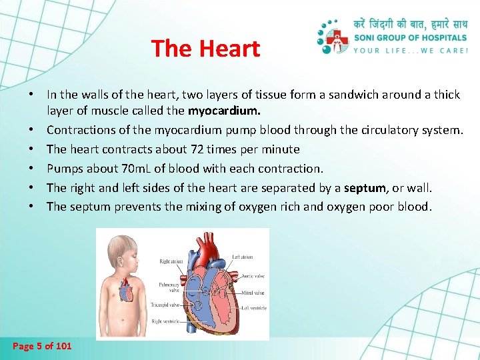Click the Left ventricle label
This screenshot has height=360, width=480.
(x=254, y=308)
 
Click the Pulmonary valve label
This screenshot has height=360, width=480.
(x=169, y=287)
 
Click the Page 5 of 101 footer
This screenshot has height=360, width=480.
(x=42, y=345)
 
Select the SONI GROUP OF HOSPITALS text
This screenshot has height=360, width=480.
(x=410, y=39)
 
